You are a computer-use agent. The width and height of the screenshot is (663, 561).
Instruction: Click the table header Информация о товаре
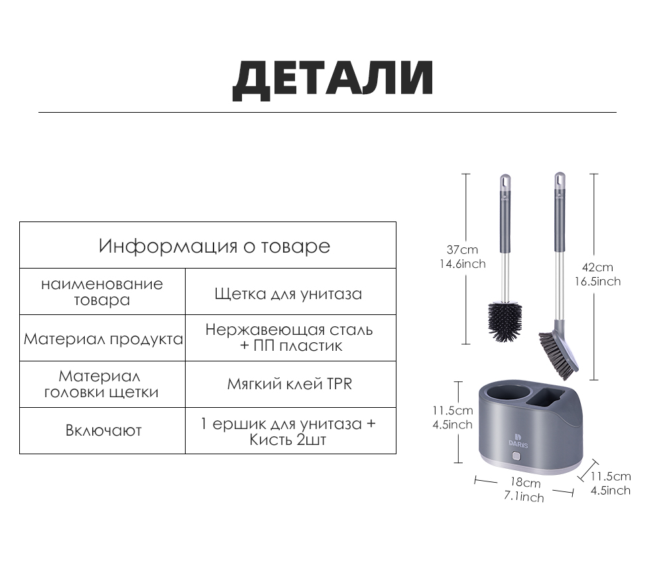(x=214, y=246)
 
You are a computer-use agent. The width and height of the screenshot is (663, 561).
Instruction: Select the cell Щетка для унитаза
(x=288, y=294)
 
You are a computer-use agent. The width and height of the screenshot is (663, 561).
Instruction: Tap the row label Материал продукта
(x=103, y=339)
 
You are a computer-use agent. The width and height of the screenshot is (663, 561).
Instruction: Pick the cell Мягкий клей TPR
(x=290, y=384)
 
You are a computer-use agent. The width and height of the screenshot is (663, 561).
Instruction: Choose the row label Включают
(x=103, y=430)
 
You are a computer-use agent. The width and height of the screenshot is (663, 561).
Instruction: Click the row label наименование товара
(x=102, y=292)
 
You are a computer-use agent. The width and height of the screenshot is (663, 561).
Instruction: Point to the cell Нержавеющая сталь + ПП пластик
(x=289, y=338)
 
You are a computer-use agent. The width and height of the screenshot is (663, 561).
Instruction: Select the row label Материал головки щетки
(x=101, y=384)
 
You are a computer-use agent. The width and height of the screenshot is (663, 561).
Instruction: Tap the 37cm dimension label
(x=462, y=250)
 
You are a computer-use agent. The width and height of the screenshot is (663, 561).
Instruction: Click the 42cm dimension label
(x=597, y=267)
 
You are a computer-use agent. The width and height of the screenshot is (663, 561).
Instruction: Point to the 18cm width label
(x=525, y=482)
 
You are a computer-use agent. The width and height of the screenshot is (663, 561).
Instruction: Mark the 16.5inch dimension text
(x=597, y=282)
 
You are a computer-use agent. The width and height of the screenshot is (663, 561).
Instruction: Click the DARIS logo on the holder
(x=518, y=440)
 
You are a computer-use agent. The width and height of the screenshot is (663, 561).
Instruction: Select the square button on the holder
(x=516, y=457)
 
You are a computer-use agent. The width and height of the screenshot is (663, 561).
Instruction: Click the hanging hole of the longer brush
(x=560, y=180)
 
